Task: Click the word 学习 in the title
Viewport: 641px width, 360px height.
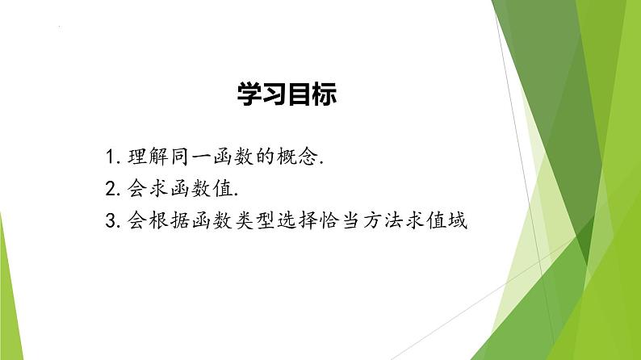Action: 262,94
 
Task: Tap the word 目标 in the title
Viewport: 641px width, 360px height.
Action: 312,94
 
